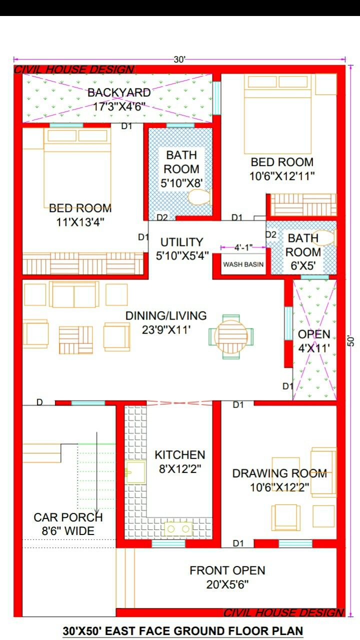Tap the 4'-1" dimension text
[243, 247]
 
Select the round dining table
[231, 336]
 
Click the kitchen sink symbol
[135, 472]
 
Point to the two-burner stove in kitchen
[179, 528]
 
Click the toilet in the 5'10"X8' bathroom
[199, 196]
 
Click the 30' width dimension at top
[179, 59]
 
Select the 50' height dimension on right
[351, 340]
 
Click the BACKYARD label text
[119, 92]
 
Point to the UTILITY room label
[181, 242]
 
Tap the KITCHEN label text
[179, 454]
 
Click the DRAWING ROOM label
[279, 473]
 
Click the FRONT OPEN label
[227, 570]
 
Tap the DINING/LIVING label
[165, 315]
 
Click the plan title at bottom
[182, 631]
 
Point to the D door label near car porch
[39, 402]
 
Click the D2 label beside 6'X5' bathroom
[271, 234]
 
